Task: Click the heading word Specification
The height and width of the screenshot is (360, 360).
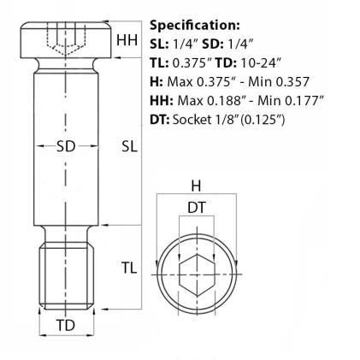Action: [195, 25]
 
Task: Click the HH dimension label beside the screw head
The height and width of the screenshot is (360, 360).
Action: [127, 40]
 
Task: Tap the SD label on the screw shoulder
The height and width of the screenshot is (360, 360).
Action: [66, 145]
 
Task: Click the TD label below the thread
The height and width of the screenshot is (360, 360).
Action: [66, 326]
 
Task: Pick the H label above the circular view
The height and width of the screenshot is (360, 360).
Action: [195, 186]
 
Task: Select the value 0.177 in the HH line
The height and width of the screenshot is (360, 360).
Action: [302, 100]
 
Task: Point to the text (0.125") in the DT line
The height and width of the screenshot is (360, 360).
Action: [261, 119]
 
